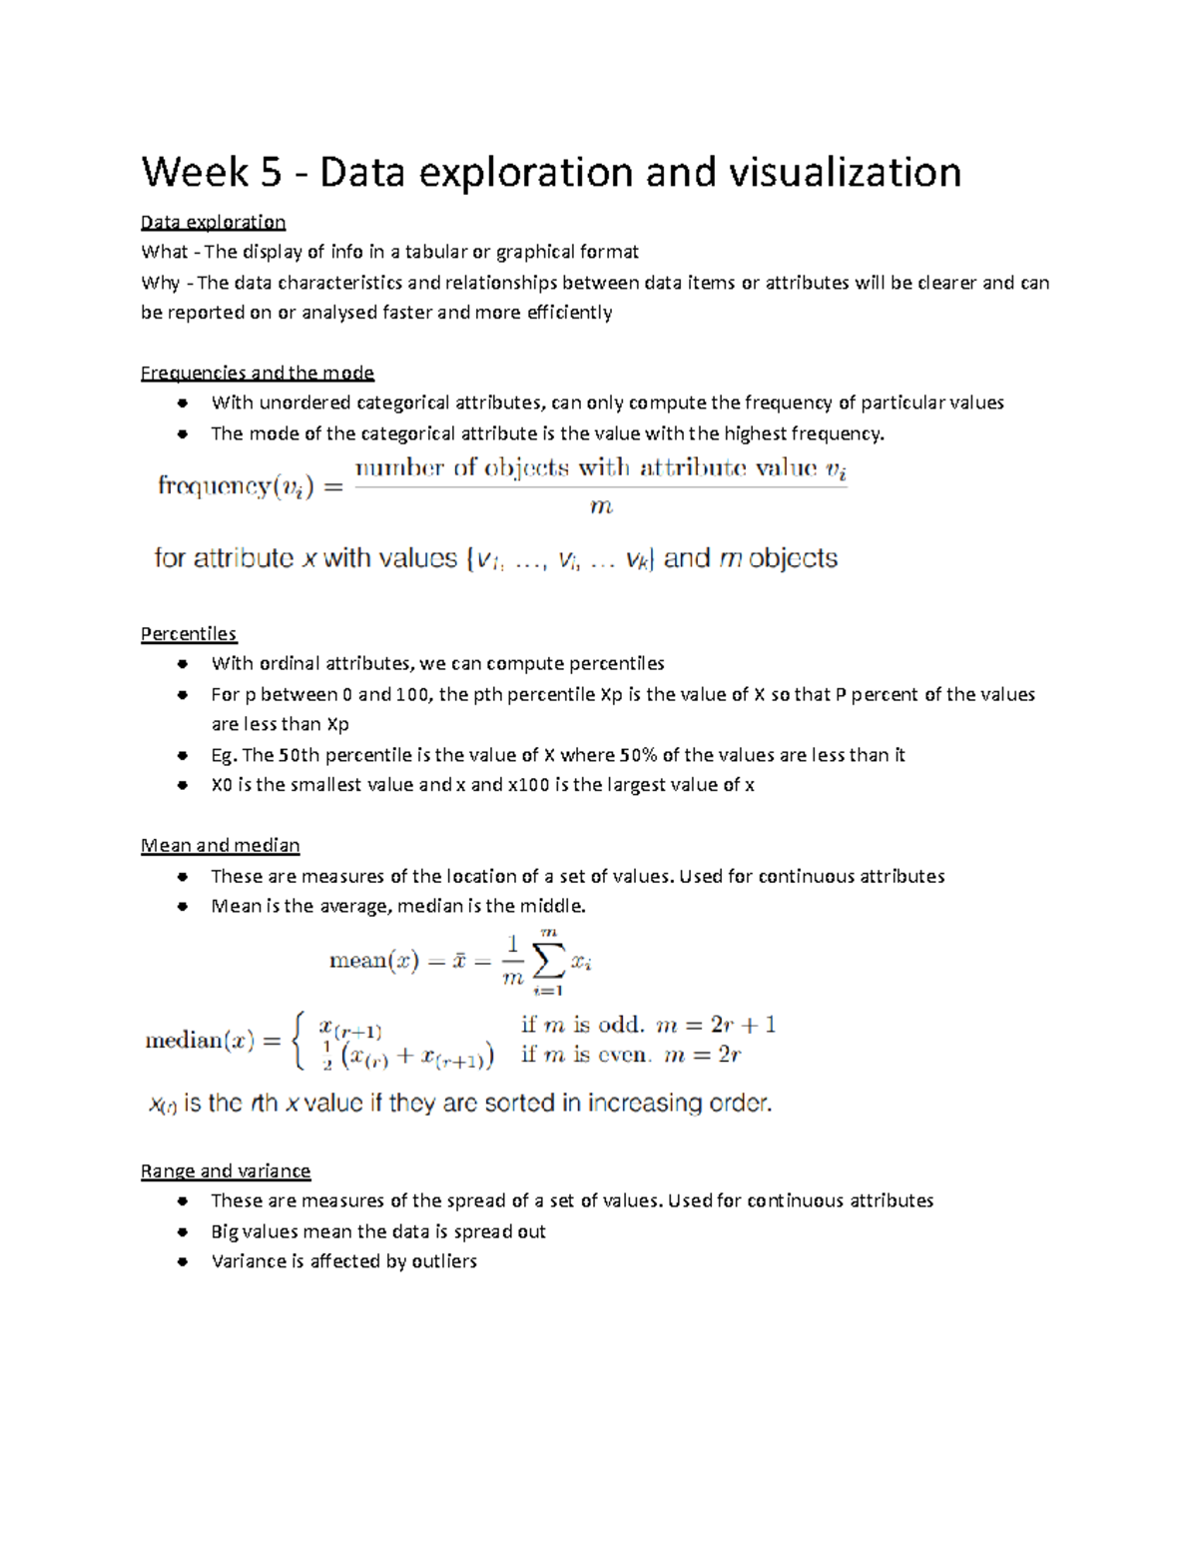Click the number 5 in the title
tap(272, 173)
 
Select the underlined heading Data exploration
tap(213, 222)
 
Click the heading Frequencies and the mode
tap(257, 373)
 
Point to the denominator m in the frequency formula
tap(600, 507)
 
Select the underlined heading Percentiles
tap(188, 633)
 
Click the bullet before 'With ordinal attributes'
tap(182, 663)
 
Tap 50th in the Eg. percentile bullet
tap(299, 755)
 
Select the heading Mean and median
tap(220, 845)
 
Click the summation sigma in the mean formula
tap(548, 962)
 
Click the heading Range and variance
tap(225, 1170)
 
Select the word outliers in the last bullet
tap(444, 1261)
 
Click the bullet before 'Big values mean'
tap(182, 1231)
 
